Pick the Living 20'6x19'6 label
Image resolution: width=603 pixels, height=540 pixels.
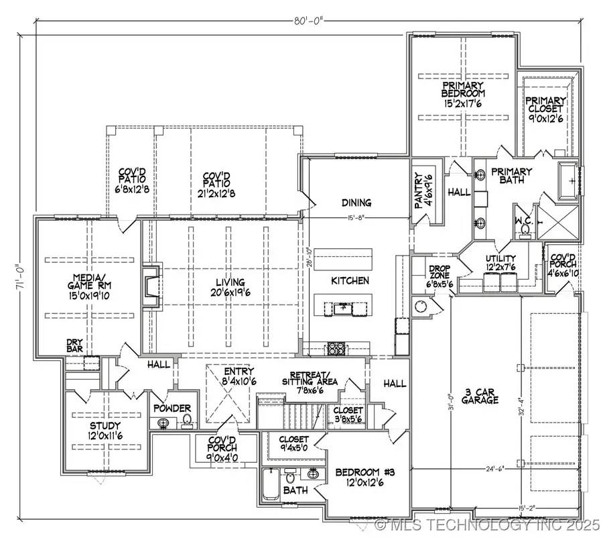[x=225, y=287]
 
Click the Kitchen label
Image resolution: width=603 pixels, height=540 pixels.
[x=350, y=280]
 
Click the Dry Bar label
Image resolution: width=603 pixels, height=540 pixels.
[x=74, y=345]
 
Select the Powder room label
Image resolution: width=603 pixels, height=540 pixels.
[x=172, y=409]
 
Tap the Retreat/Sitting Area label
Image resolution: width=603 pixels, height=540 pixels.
[x=310, y=380]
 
